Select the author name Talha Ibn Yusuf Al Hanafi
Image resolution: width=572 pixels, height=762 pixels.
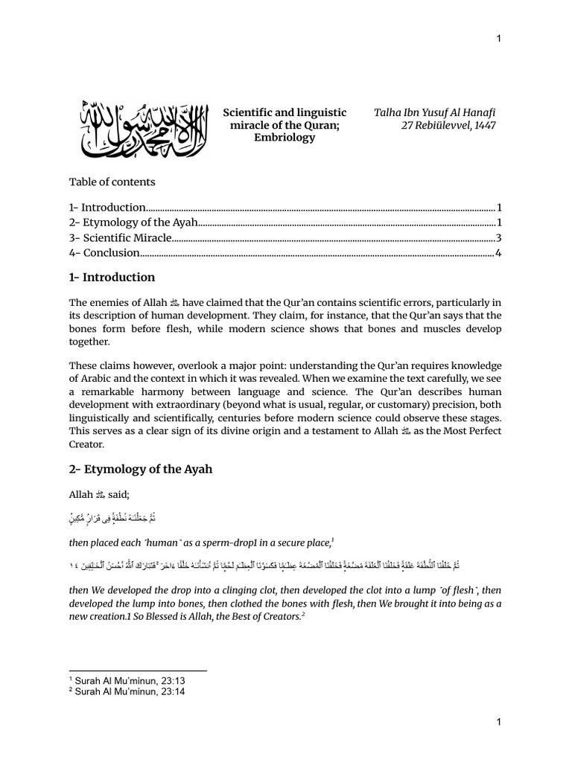coord(435,112)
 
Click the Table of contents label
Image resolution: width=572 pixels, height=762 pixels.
coord(112,181)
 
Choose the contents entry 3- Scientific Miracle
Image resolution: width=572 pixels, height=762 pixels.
coord(121,238)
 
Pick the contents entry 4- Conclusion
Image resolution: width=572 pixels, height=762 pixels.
coord(105,253)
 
